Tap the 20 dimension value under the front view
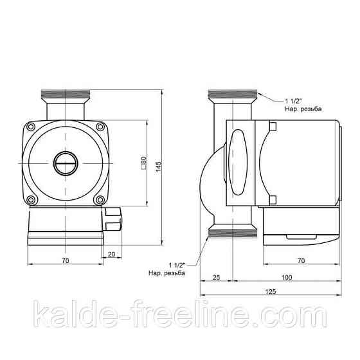pos(113,255)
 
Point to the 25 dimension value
pos(215,277)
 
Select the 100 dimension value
pos(287,277)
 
